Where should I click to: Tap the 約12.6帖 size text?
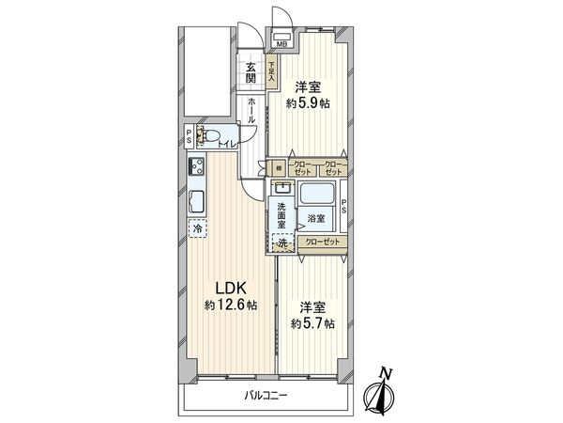click(x=231, y=305)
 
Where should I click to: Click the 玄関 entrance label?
click(x=251, y=72)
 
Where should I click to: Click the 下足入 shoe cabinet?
click(x=271, y=72)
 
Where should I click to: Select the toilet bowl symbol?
click(x=207, y=136)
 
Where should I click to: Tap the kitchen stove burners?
click(x=198, y=168)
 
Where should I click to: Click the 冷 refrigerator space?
click(x=197, y=228)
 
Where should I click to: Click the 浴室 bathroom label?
click(x=316, y=219)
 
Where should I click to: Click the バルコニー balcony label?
click(x=267, y=396)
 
